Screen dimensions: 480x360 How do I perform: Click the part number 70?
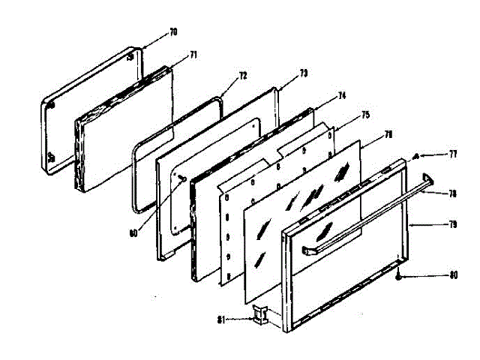(173, 32)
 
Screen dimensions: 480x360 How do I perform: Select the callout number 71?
(193, 55)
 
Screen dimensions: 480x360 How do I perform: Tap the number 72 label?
(242, 76)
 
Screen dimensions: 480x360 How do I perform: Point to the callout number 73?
(303, 73)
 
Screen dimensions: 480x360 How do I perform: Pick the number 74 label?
(341, 96)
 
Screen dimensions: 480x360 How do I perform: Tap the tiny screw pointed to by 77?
(415, 156)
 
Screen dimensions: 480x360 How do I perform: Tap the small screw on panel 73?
(183, 177)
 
